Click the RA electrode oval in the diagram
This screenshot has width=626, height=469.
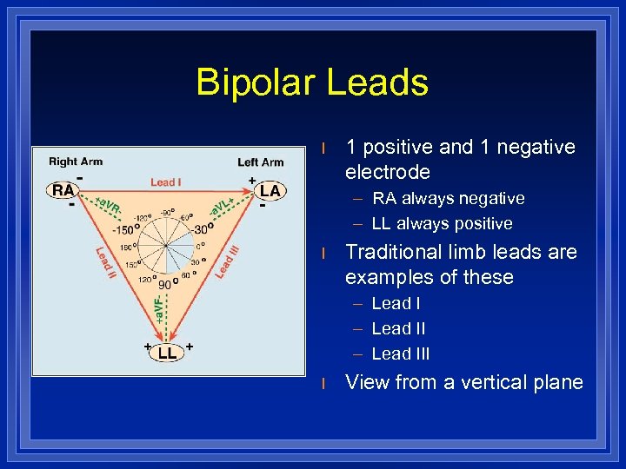click(63, 190)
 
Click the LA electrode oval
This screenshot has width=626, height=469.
click(270, 190)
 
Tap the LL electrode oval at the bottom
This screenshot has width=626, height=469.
click(168, 353)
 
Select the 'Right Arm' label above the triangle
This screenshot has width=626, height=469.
click(76, 161)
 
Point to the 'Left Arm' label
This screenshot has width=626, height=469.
click(260, 162)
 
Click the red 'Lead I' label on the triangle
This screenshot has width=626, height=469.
click(166, 182)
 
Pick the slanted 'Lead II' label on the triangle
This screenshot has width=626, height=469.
click(105, 263)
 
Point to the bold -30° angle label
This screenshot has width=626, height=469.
click(202, 229)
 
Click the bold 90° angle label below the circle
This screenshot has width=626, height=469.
click(165, 284)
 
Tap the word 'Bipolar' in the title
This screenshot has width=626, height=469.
click(255, 83)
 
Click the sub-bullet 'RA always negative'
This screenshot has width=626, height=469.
click(448, 198)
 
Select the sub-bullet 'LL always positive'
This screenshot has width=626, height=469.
click(442, 223)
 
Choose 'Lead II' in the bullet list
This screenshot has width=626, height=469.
click(398, 328)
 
